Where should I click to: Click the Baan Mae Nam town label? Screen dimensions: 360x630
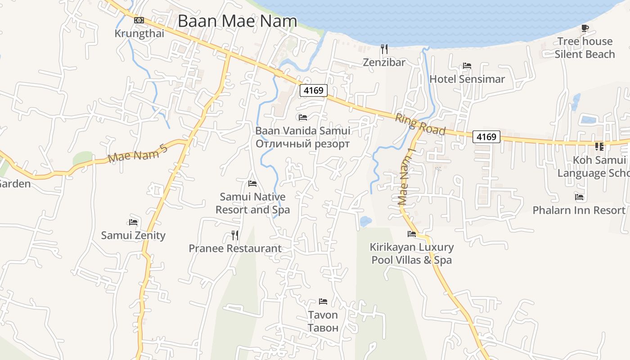[237, 21]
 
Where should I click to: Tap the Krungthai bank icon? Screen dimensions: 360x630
[139, 20]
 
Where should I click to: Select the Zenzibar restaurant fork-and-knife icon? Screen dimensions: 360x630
[384, 49]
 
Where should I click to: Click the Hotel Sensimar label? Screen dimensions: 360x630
[467, 79]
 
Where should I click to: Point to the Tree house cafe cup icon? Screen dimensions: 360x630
[585, 28]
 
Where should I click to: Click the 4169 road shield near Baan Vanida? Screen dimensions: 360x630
[314, 90]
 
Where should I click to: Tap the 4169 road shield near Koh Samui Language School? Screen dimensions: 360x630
[486, 137]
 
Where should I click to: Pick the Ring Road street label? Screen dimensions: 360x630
[420, 124]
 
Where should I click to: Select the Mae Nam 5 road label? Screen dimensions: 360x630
[138, 154]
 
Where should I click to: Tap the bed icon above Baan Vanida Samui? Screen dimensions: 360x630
[303, 117]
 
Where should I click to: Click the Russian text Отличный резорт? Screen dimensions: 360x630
[302, 144]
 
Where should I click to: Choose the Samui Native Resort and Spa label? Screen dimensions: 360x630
[252, 203]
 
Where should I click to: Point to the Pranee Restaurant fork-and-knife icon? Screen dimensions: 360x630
[235, 235]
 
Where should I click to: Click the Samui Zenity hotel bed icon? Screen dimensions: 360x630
[133, 222]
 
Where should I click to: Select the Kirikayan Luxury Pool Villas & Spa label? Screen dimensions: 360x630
[412, 253]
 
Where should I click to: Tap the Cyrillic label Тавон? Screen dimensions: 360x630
[323, 328]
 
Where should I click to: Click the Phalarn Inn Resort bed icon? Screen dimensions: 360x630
[579, 197]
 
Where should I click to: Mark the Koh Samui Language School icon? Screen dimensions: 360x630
[599, 147]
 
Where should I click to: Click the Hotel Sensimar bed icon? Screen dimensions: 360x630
[467, 66]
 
